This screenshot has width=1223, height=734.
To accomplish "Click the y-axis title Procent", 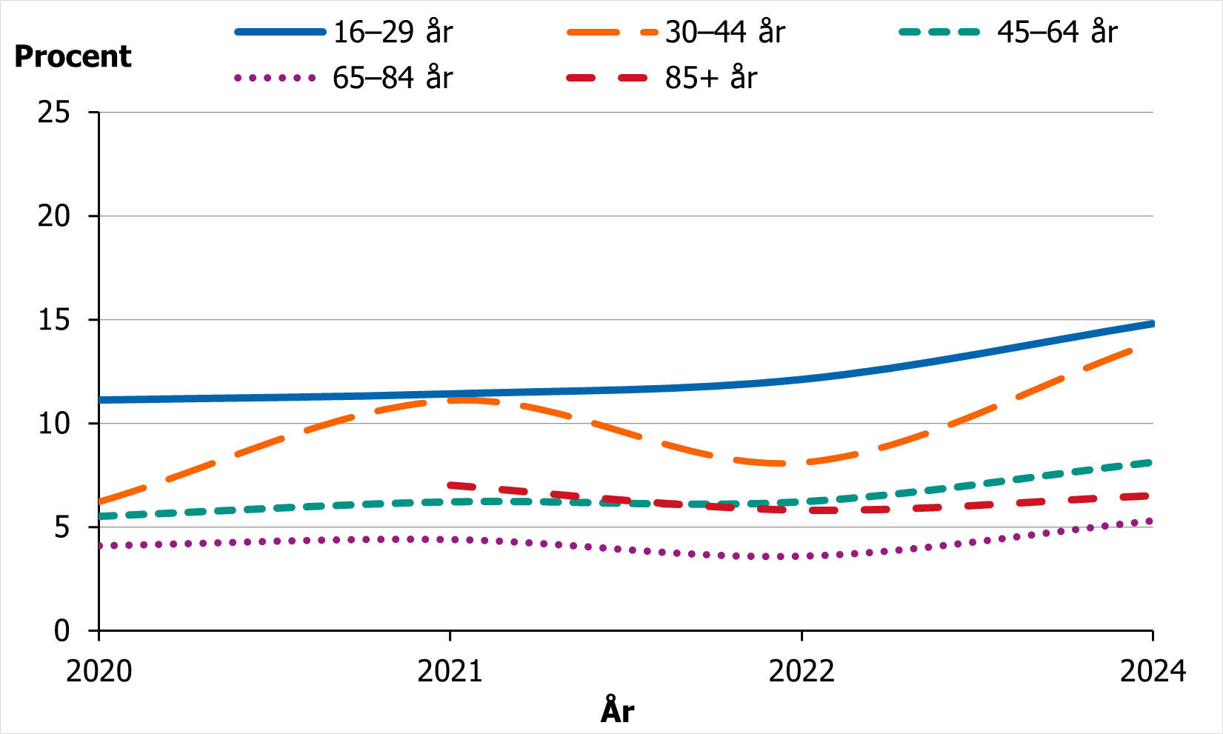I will coord(73,57).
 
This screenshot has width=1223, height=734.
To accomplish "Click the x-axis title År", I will coord(617,711).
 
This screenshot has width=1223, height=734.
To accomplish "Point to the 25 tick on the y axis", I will coord(54,113).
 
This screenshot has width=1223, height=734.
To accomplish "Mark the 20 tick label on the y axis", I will coord(54,216).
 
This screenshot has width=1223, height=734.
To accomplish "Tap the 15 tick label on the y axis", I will coord(54,320).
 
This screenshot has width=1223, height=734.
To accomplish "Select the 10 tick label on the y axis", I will coord(54,424).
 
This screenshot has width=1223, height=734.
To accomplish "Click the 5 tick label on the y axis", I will coord(61,527).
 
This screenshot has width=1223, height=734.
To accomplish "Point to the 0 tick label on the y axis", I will coord(61,631).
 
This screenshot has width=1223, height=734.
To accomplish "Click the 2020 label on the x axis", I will coord(99,671).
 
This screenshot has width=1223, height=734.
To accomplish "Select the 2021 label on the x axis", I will coord(450,671).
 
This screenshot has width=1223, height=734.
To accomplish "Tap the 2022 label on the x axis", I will coord(802,671).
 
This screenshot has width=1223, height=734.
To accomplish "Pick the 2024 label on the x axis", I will coord(1153,671).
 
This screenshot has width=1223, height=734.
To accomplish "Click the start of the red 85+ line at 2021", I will coord(450,485).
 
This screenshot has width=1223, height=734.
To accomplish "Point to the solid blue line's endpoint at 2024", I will coord(1153,324).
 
